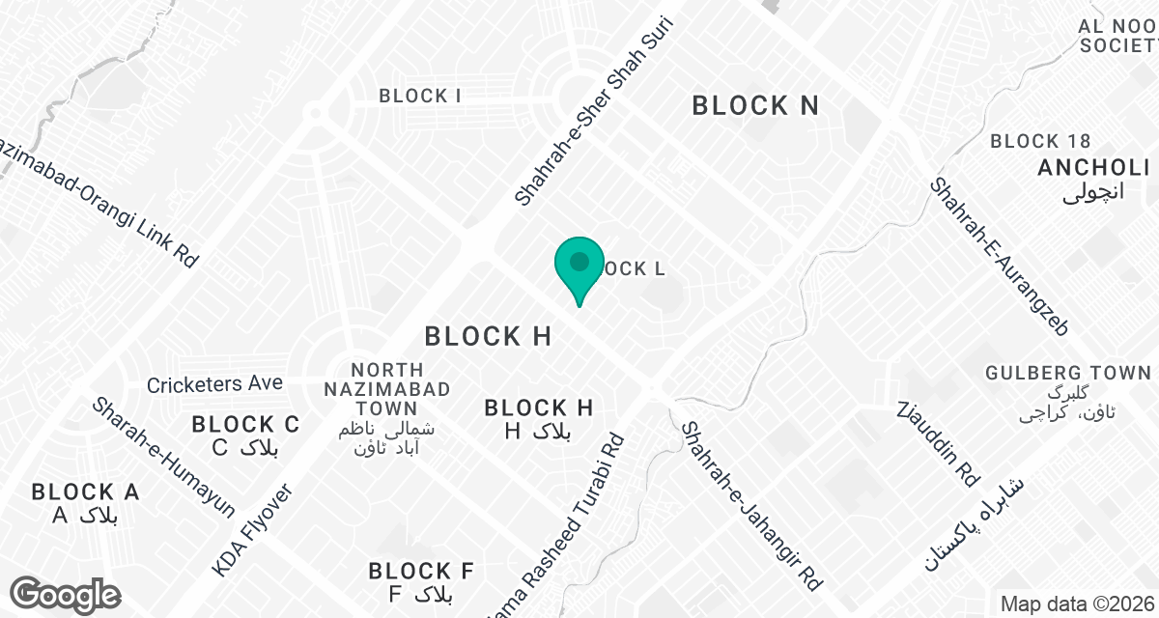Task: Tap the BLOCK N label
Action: pos(755,105)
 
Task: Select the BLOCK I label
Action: pos(419,96)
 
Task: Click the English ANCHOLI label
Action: pos(1092,167)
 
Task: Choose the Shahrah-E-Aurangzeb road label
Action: pos(999,256)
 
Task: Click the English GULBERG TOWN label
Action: pos(1067,373)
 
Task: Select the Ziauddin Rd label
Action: pos(938,443)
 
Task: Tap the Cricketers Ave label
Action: pos(214,384)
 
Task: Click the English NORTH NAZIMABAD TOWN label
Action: pos(387,389)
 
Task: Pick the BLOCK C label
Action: pos(245,424)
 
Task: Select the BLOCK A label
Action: pos(86,492)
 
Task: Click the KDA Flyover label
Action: pos(251,531)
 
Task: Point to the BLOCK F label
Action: pos(421,571)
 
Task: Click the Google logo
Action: pos(66,594)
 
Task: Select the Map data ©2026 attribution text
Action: pos(1077,604)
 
